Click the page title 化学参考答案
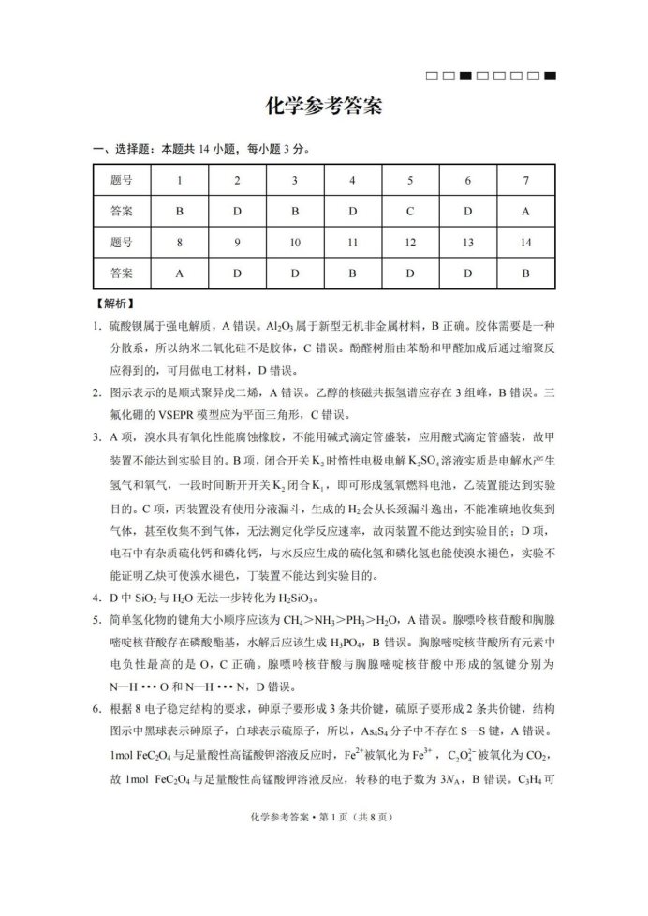click(x=323, y=107)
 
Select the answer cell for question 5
click(x=410, y=211)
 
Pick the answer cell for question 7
click(x=525, y=211)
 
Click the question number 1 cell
click(x=180, y=180)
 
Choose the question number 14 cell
click(x=525, y=242)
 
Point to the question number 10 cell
click(x=295, y=242)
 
